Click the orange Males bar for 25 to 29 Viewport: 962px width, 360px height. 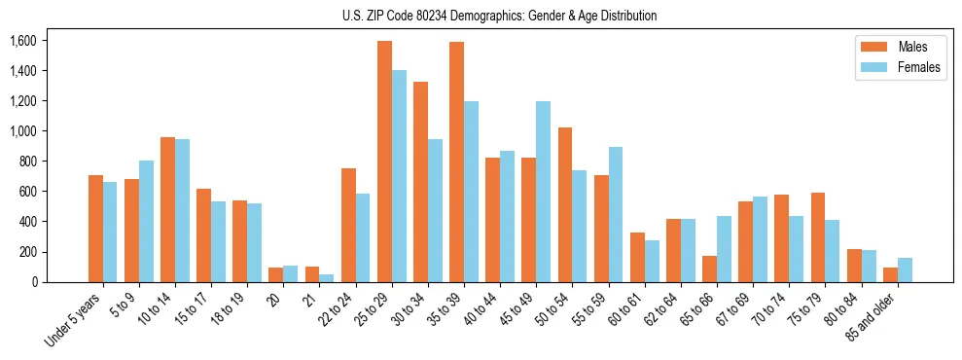click(x=384, y=162)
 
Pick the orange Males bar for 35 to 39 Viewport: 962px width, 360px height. click(x=456, y=162)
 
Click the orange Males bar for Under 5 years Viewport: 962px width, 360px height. click(x=95, y=229)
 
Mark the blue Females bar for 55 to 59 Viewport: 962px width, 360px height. click(x=616, y=214)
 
